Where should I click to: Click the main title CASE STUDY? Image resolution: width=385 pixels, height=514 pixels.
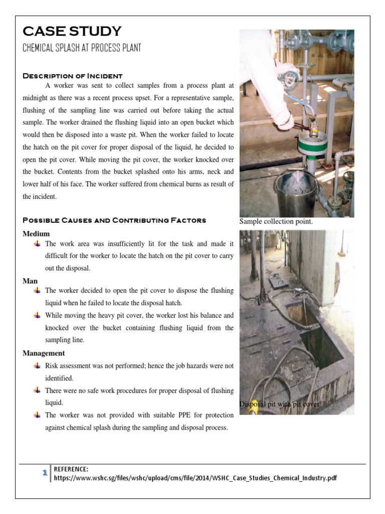[72, 31]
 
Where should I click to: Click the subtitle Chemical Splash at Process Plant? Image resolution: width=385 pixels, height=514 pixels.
[82, 48]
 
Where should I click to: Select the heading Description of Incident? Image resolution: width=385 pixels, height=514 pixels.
[73, 76]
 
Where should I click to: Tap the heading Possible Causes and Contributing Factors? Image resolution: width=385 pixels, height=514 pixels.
[114, 220]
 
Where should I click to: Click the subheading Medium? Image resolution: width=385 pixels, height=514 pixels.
[36, 233]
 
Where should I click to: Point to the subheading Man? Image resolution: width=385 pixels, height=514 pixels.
[30, 281]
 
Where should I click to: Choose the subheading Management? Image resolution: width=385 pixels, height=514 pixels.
[44, 353]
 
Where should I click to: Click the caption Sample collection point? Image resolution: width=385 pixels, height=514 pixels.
[276, 221]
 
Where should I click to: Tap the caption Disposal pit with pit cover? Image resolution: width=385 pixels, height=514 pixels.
[279, 404]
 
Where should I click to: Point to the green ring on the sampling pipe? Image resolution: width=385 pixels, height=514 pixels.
[312, 146]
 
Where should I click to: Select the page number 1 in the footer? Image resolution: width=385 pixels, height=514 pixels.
[45, 473]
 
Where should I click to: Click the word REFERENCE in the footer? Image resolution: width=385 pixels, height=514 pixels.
[71, 469]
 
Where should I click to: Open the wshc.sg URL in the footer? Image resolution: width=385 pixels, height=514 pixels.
[196, 478]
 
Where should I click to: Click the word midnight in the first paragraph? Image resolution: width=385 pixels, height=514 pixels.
[38, 98]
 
